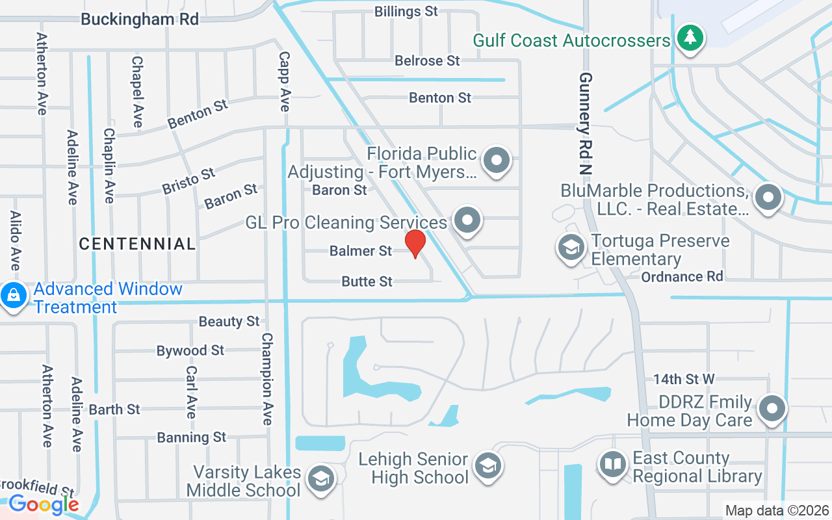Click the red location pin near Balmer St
point(415,243)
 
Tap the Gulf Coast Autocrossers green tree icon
point(690,38)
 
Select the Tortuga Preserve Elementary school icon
point(571,248)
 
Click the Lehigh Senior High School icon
point(486,465)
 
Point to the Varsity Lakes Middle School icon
point(320,479)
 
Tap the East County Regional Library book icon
point(612,464)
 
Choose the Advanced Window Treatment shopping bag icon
point(12,296)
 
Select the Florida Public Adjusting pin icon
point(497,159)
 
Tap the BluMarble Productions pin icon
point(768,196)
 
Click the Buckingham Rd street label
point(140,19)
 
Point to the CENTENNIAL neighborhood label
point(137,244)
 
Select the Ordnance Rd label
point(682,277)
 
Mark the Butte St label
point(367,281)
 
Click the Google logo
point(44,504)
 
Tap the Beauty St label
point(229,322)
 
